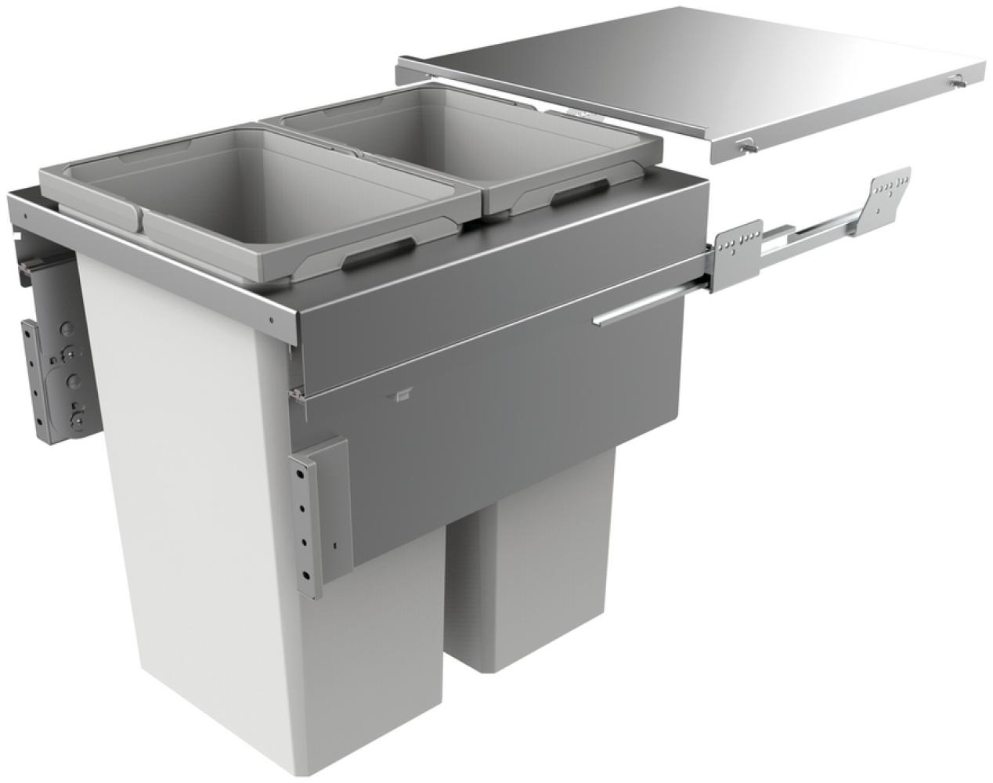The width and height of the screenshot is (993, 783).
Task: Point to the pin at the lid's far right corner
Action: point(958,80)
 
